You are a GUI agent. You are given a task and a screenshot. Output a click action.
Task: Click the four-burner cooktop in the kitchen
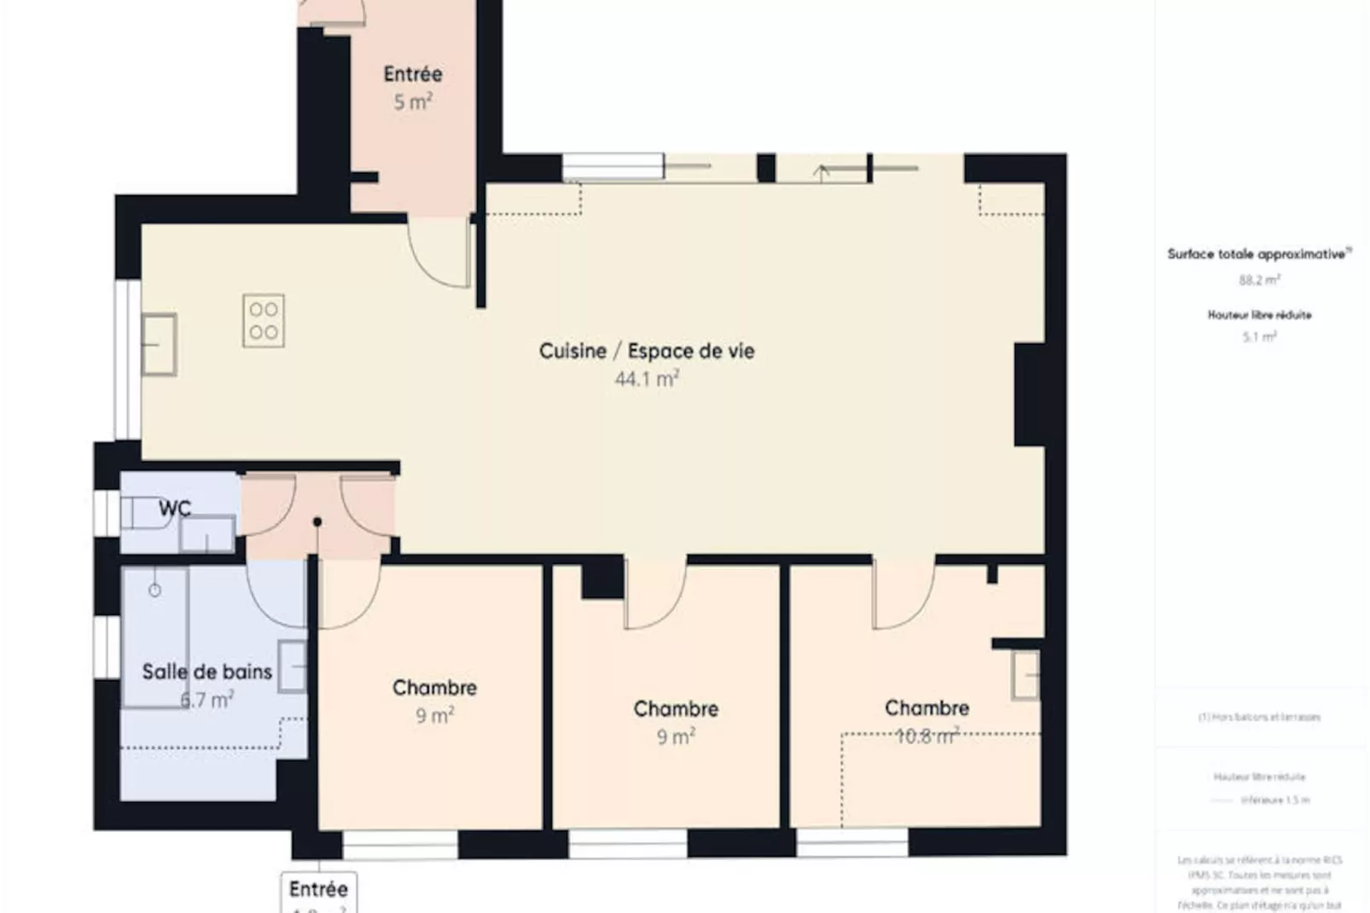coord(264,321)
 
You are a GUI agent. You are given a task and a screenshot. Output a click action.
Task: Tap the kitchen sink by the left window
coord(159,345)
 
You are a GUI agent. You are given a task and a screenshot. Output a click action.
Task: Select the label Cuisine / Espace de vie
coord(646,351)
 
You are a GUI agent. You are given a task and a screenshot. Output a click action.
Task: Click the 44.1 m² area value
coord(646,379)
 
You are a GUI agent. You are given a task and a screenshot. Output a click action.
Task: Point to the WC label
coord(174,509)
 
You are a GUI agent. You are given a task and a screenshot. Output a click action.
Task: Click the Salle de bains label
coord(206,672)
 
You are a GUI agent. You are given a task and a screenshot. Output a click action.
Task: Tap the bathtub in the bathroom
coord(155,637)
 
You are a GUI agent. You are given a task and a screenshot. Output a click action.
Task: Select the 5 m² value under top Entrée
coord(412,102)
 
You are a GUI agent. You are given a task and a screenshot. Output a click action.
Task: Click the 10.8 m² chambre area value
coord(926,736)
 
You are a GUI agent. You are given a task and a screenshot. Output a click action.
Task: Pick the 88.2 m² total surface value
coord(1259,280)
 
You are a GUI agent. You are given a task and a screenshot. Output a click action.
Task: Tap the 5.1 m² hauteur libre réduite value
coord(1259,337)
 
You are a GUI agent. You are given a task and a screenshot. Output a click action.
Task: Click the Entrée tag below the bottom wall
coord(318,889)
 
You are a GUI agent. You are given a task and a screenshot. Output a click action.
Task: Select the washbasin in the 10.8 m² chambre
coord(1025,675)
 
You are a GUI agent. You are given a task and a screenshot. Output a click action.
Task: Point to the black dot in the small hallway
coord(317,521)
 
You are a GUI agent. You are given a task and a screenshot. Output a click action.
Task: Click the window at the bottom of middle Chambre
coord(627,844)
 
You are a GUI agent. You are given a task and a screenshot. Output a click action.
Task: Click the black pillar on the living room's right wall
coord(1029,394)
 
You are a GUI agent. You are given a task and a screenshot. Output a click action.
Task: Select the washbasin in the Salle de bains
coord(293,666)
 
